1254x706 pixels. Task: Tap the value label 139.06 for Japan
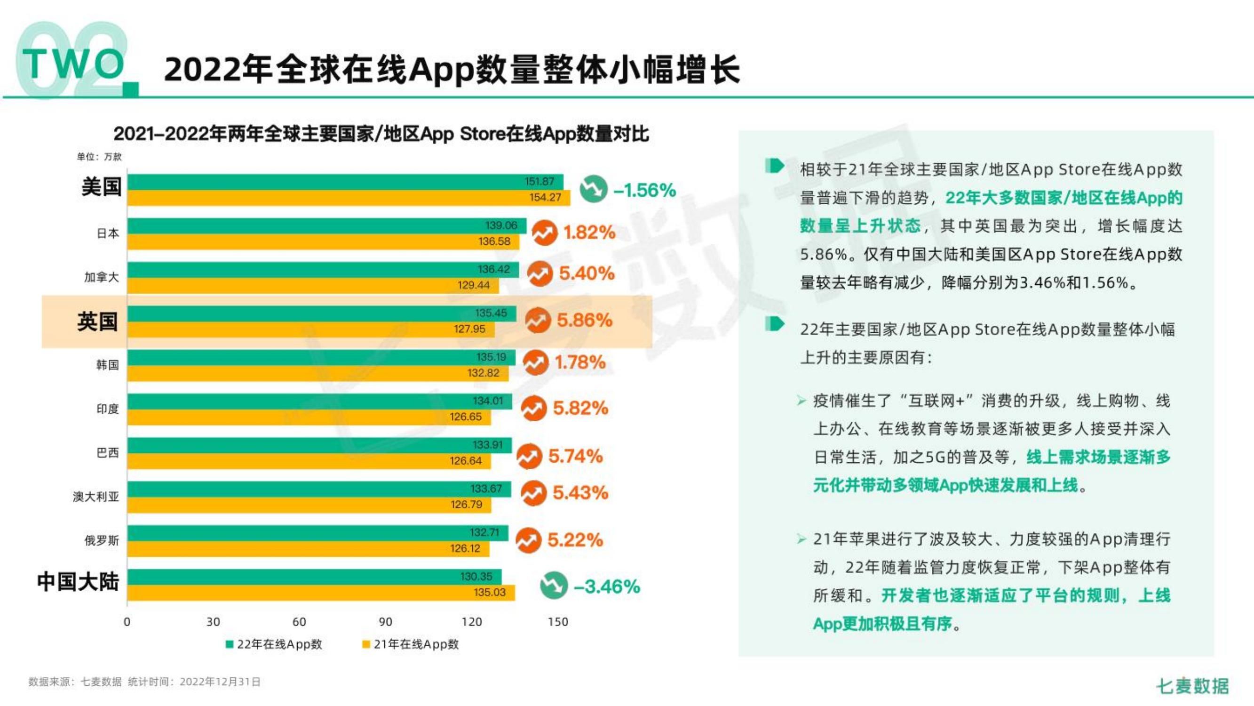coord(501,225)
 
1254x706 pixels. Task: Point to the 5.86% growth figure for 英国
coord(584,320)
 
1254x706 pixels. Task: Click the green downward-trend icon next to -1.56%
coord(594,189)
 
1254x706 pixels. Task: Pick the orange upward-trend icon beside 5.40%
coord(540,274)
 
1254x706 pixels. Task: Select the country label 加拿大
coord(101,277)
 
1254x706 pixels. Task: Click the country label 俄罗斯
coord(101,540)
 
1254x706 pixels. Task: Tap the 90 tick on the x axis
coord(385,622)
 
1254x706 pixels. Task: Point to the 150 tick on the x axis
coord(558,622)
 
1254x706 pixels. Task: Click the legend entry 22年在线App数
coord(274,644)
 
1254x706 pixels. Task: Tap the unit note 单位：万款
coord(99,156)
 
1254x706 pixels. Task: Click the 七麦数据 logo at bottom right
coord(1193,686)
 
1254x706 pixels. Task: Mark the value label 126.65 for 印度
coord(465,417)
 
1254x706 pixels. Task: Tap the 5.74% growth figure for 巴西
coord(575,456)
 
